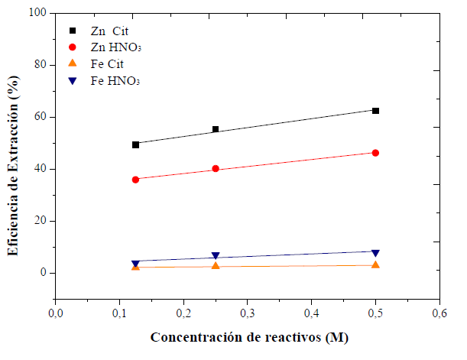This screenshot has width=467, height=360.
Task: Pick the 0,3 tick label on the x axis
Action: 247,313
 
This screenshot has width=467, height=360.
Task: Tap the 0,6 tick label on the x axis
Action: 439,313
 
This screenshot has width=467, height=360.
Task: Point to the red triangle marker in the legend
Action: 72,63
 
